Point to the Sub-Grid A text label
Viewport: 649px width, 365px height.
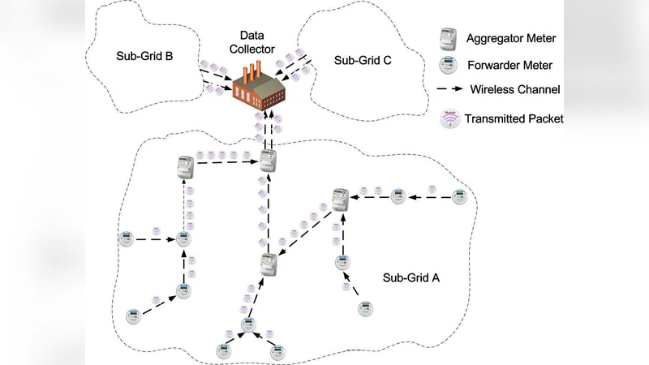click(410, 277)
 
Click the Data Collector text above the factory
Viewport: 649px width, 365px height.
click(257, 42)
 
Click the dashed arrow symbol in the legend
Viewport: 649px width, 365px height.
click(446, 90)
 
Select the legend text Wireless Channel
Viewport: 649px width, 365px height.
click(515, 90)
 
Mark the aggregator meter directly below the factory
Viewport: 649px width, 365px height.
click(269, 160)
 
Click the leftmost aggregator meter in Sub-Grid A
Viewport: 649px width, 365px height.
click(178, 169)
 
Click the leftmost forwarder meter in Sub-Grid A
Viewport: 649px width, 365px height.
click(126, 239)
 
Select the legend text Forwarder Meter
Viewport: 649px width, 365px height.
click(511, 65)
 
